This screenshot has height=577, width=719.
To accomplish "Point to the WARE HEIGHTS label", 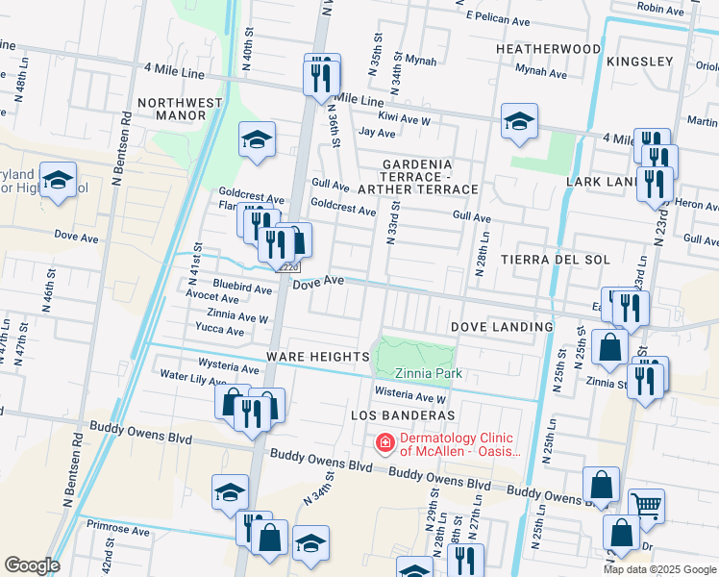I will [318, 357].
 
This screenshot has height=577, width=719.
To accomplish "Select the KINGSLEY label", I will [638, 62].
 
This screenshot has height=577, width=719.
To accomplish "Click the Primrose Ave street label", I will [118, 529].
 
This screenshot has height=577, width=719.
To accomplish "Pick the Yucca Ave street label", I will [220, 331].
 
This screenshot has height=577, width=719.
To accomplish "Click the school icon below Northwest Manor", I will [258, 139].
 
